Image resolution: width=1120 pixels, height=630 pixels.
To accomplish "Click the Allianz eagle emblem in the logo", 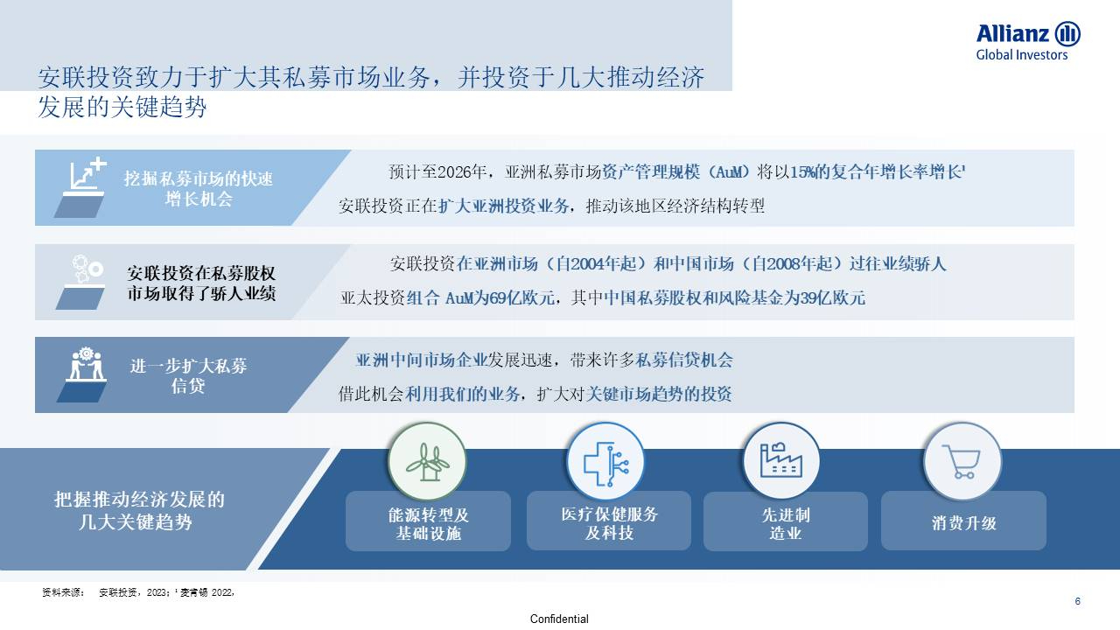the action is (x=1067, y=34).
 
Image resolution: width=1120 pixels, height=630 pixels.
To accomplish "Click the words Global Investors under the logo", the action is (x=1021, y=55).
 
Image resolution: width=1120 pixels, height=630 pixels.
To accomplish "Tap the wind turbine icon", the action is (x=427, y=462).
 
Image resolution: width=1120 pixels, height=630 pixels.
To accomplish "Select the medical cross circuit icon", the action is (x=606, y=464).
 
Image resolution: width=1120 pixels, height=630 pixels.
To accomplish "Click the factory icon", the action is (x=781, y=460).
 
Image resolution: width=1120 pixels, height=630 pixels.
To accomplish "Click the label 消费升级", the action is (x=964, y=523).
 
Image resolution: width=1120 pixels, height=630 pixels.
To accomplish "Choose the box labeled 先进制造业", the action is (x=786, y=521).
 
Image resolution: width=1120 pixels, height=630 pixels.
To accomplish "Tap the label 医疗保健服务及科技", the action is (x=609, y=523).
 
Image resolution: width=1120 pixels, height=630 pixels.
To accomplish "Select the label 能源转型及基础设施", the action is (x=429, y=524).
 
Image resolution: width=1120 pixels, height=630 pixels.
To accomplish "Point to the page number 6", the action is (x=1077, y=601).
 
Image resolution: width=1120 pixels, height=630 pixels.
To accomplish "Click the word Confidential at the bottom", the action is (x=559, y=619).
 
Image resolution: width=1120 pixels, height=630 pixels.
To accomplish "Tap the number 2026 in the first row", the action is (x=453, y=172).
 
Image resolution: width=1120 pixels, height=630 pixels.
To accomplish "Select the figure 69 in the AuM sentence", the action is (x=498, y=298).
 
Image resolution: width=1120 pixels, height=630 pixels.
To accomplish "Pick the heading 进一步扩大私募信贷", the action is (x=188, y=375).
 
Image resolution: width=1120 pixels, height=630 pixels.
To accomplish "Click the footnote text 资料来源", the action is (x=63, y=592).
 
